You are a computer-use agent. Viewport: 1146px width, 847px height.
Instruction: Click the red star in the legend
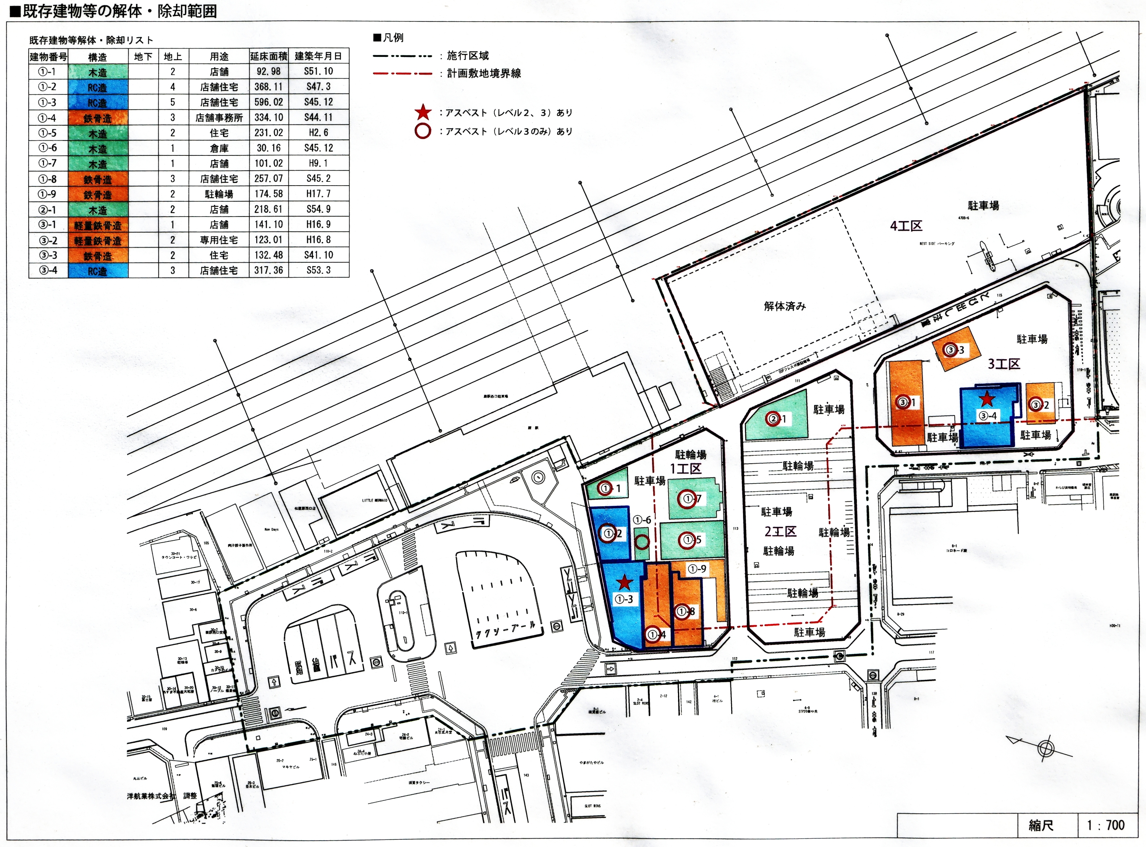pos(422,112)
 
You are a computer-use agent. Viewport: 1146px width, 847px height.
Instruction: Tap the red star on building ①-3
pos(624,582)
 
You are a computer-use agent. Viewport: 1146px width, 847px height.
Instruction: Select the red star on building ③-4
pos(987,398)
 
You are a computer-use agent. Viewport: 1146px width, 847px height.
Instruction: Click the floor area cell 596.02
pos(269,102)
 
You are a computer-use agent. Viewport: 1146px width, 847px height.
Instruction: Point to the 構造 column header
pos(97,57)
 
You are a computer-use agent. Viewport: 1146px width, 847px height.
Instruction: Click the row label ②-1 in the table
pos(48,209)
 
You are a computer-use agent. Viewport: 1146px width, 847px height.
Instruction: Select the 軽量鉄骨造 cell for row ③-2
pos(97,240)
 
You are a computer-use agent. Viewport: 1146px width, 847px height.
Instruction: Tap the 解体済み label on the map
pos(785,306)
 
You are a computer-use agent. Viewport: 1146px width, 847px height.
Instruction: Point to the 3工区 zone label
pos(1004,364)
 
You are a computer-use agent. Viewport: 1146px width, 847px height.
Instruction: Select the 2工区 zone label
pos(780,531)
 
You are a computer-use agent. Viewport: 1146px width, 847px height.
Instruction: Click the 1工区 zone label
pos(686,468)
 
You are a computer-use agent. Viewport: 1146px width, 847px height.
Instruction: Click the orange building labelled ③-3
pos(956,349)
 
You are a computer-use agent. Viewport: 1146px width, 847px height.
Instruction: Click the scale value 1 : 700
pos(1105,825)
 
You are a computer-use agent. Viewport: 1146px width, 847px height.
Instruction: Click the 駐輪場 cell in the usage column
pos(219,194)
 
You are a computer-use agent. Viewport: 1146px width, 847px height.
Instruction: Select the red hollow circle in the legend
pos(422,131)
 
